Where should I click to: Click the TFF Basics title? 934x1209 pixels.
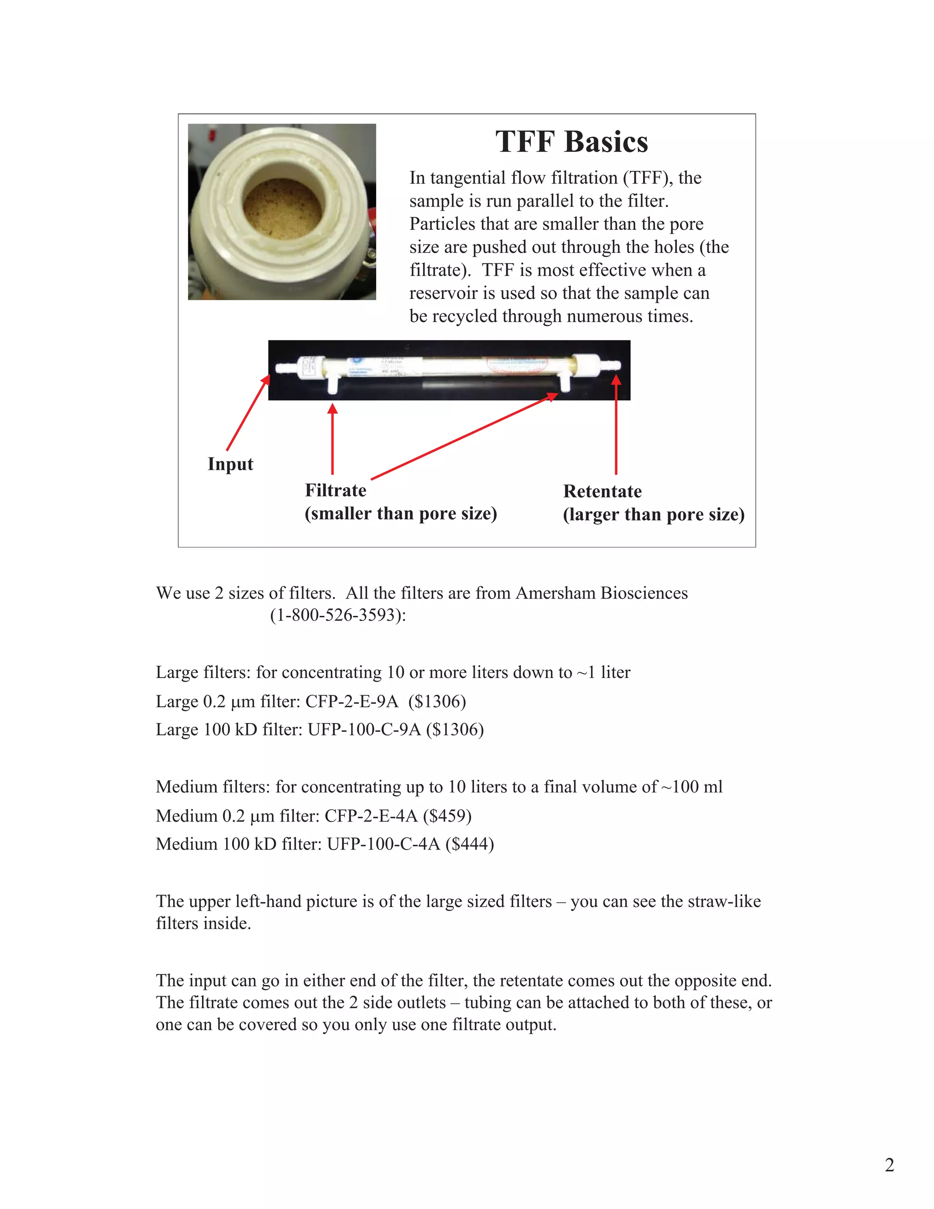(571, 142)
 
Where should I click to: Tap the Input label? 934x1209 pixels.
(230, 464)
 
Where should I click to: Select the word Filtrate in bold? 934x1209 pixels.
(335, 490)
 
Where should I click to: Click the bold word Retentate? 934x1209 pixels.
(602, 491)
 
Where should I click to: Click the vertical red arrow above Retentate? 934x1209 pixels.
(616, 426)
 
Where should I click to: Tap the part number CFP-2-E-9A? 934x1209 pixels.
(351, 701)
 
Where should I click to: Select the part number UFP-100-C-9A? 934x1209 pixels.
(364, 730)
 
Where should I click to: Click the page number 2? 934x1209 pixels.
(889, 1165)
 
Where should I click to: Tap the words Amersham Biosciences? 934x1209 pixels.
(602, 593)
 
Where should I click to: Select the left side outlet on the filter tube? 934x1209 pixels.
(332, 385)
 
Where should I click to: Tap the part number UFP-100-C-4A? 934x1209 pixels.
(384, 844)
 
